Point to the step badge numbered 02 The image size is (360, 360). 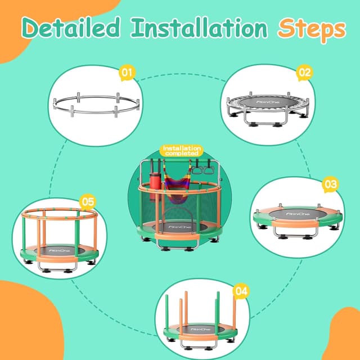point(304,72)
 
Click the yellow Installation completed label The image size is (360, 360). point(180,150)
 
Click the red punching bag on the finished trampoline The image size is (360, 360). point(155,180)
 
